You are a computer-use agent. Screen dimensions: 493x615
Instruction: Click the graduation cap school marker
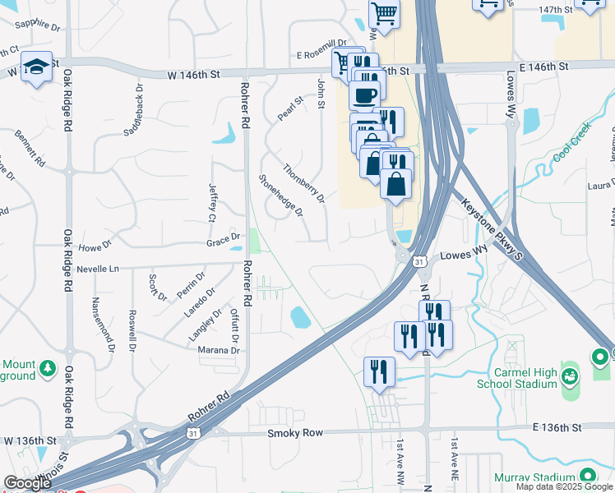[37, 67]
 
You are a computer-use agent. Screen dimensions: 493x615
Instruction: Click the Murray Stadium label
[532, 477]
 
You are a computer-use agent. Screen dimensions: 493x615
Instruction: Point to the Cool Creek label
[572, 143]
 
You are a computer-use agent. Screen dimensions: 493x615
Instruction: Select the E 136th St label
[557, 427]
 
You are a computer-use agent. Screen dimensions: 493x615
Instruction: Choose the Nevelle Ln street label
[97, 269]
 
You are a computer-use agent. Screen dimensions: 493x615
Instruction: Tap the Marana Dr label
[218, 350]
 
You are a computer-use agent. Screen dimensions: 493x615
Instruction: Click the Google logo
[28, 483]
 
